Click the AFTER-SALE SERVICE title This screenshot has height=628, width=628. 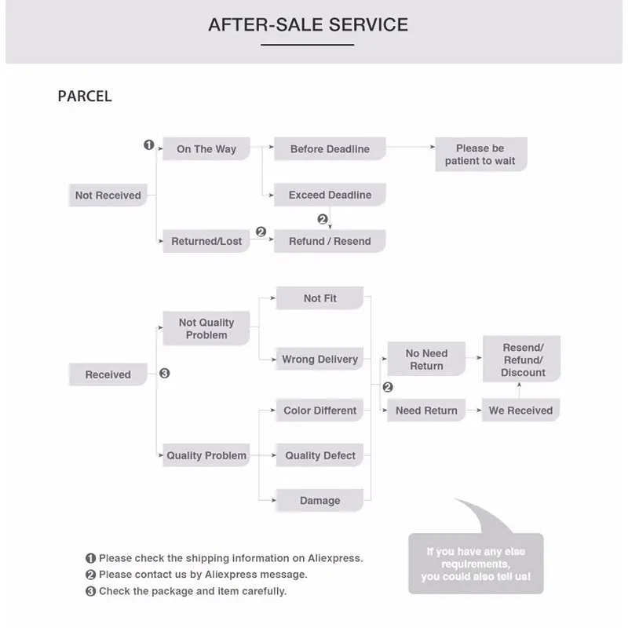click(308, 24)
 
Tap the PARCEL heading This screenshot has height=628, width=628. click(85, 97)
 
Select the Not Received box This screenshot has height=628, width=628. click(108, 195)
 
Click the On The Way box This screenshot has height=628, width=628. click(206, 149)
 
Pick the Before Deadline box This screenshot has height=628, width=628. click(330, 149)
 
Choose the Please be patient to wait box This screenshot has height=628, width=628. click(480, 155)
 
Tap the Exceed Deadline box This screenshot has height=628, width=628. click(330, 195)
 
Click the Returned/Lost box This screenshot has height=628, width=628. click(206, 241)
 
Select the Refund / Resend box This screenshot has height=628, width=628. click(330, 241)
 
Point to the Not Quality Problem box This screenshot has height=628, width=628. click(206, 329)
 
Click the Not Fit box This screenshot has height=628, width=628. click(320, 298)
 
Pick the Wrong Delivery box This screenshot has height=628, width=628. click(320, 360)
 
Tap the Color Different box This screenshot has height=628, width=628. click(320, 411)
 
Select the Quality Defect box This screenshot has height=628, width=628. click(320, 455)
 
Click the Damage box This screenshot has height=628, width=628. click(320, 501)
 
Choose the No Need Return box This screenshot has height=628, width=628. click(426, 360)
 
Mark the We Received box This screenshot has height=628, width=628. click(520, 411)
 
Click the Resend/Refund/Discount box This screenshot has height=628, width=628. click(523, 360)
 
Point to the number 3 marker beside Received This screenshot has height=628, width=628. click(165, 374)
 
